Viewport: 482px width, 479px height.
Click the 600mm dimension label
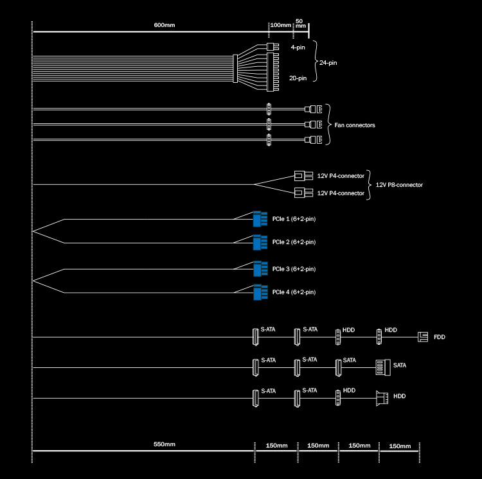165,25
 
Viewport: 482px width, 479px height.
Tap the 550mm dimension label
165,444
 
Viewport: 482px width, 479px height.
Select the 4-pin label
298,48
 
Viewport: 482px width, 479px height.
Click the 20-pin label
298,78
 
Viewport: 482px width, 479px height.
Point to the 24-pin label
328,62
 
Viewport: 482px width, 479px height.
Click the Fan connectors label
355,125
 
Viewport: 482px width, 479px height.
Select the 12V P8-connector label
399,185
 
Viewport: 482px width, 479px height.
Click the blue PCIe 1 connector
260,220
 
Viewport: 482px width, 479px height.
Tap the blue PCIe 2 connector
260,242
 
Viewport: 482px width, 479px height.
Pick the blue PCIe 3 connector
260,269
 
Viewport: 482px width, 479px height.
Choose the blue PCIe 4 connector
260,292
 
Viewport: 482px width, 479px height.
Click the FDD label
440,337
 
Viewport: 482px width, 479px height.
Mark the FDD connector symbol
422,336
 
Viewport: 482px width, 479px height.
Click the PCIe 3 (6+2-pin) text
294,269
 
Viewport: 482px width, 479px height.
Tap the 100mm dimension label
280,25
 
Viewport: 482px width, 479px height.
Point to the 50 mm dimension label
301,23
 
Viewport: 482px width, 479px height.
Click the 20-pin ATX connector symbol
269,68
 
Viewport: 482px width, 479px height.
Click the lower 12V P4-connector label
341,193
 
